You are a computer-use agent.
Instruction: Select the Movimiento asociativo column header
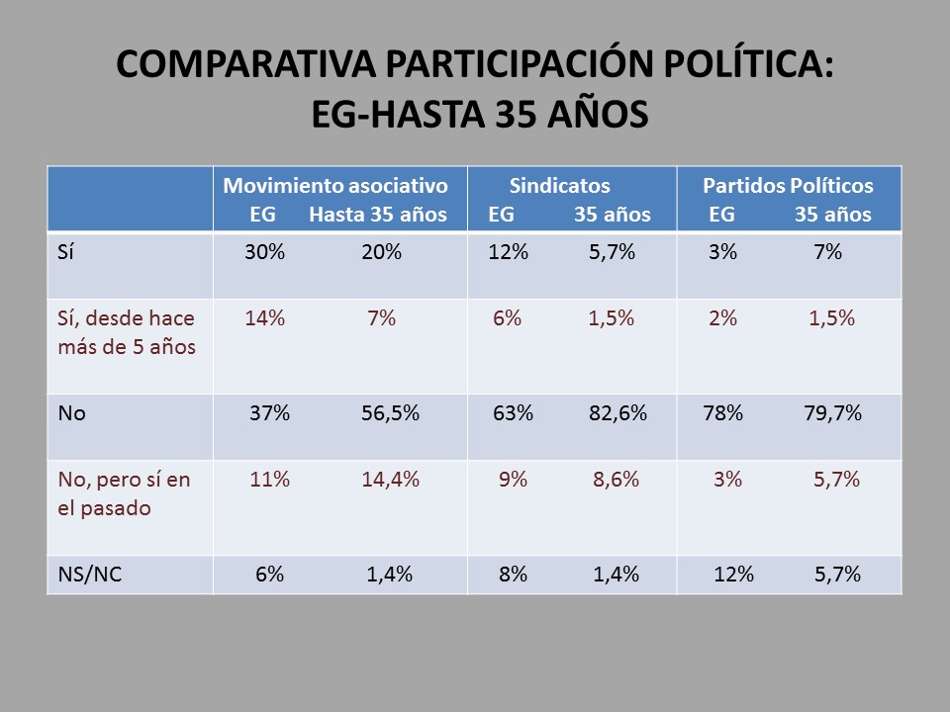(335, 186)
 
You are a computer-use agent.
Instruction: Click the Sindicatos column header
(560, 186)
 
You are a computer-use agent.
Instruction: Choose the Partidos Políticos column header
(788, 186)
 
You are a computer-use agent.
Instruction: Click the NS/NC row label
(90, 575)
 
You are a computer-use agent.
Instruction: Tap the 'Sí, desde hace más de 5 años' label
(126, 332)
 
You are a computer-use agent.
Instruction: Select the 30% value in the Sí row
(265, 252)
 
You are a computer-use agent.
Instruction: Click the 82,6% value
(617, 413)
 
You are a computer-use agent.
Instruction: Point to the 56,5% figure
(390, 413)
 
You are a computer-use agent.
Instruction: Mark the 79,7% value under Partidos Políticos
(832, 413)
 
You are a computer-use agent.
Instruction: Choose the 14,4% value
(390, 480)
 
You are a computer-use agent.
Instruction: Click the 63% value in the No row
(513, 413)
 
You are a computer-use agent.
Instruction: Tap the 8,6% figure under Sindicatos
(616, 480)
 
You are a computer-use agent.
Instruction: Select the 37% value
(269, 413)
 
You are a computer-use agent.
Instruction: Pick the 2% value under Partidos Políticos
(722, 318)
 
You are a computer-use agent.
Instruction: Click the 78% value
(722, 413)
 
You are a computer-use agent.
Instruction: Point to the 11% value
(269, 480)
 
